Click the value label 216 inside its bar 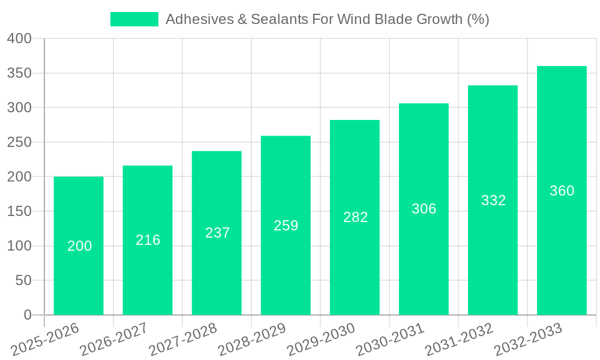point(148,240)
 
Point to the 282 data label point(355,217)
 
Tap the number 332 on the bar point(493,200)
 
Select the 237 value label point(217,233)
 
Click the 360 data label point(562,191)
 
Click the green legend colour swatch point(134,19)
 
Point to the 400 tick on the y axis point(19,39)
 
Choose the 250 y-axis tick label point(19,143)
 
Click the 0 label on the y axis point(27,315)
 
